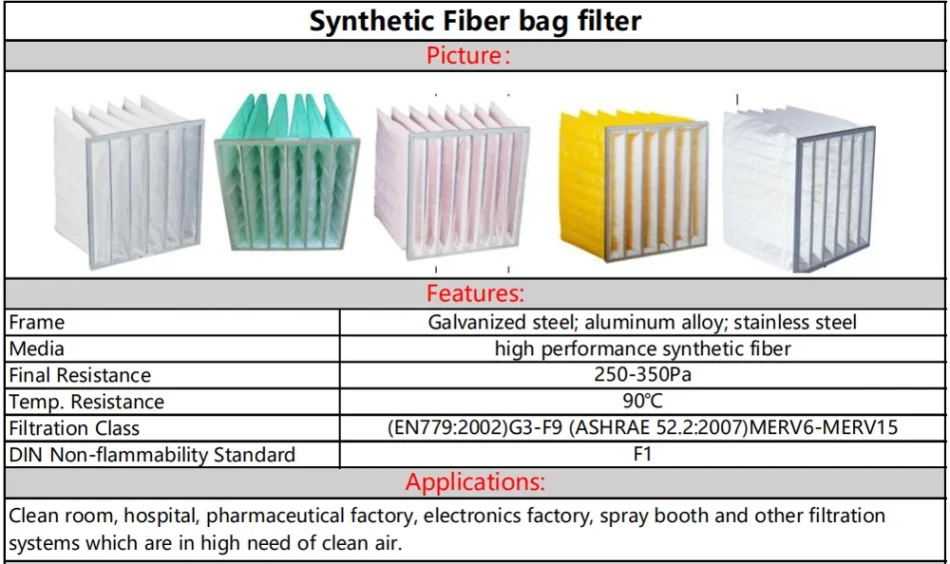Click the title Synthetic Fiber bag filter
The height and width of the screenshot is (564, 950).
tap(475, 21)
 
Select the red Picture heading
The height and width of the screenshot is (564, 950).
tap(468, 56)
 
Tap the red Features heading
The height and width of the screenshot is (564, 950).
tap(475, 294)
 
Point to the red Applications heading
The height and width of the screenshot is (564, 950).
tap(475, 482)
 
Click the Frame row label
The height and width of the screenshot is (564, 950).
tap(37, 322)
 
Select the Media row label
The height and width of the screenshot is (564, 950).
tap(37, 349)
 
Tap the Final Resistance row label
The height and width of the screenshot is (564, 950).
tap(80, 375)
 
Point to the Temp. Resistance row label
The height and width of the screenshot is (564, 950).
tap(86, 402)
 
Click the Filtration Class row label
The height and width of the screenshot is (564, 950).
tap(74, 428)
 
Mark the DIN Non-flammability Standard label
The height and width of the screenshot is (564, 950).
tap(152, 455)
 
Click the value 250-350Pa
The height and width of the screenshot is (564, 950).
tap(643, 375)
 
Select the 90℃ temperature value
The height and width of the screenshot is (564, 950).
tap(643, 402)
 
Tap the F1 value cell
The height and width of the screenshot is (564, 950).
tap(643, 455)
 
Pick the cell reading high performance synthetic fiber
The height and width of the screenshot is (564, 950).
tap(643, 349)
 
